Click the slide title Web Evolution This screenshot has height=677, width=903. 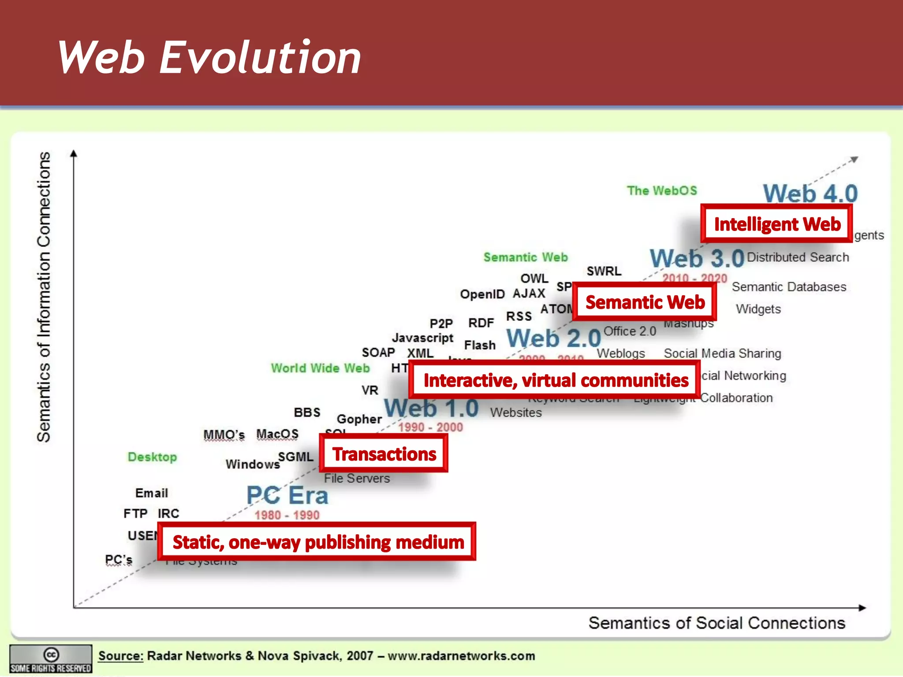click(x=209, y=57)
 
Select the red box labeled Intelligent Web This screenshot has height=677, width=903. click(x=777, y=224)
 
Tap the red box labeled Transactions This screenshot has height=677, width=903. click(x=384, y=454)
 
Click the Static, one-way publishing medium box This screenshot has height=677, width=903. click(x=317, y=542)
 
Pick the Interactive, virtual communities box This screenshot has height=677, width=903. click(x=555, y=380)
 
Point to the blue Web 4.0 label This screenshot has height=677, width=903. click(x=810, y=193)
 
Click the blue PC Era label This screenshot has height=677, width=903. click(x=287, y=495)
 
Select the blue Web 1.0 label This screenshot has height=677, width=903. click(x=431, y=408)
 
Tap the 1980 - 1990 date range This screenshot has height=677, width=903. click(x=287, y=515)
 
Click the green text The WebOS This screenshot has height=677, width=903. click(x=662, y=190)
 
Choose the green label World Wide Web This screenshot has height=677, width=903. click(x=320, y=368)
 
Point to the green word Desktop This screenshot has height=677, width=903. click(x=152, y=457)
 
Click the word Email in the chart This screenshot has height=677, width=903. click(x=151, y=493)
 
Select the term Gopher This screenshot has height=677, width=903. click(x=359, y=419)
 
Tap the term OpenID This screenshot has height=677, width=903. click(x=482, y=294)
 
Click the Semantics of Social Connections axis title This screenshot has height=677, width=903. click(x=716, y=623)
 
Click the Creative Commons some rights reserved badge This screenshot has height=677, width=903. click(x=51, y=659)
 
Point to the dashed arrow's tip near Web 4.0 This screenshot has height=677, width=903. click(x=854, y=159)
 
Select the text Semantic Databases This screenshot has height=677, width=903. click(x=789, y=287)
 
